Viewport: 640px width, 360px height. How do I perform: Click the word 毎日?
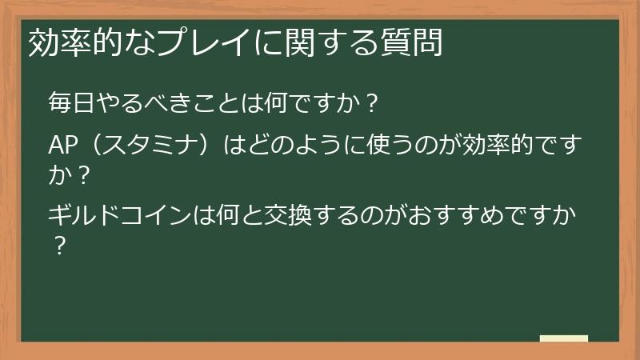pyautogui.click(x=70, y=103)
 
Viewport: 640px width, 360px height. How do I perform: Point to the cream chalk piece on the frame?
pyautogui.click(x=563, y=338)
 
